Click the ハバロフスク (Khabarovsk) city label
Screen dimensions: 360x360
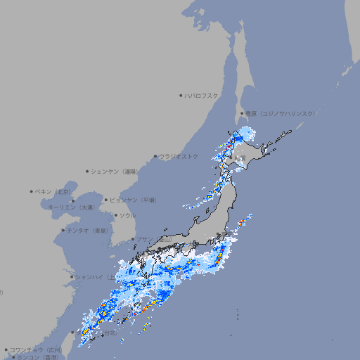click(x=202, y=95)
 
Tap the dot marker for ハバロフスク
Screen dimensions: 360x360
click(x=181, y=95)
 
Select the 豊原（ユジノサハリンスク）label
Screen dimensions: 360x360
click(x=281, y=113)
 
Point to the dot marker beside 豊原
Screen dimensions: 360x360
click(x=242, y=113)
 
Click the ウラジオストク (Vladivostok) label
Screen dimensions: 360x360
click(x=179, y=156)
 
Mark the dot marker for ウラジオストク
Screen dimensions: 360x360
click(x=155, y=156)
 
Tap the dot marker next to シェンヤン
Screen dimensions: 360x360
click(x=87, y=171)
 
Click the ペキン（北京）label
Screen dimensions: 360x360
click(x=53, y=191)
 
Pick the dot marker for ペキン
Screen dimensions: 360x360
click(x=32, y=191)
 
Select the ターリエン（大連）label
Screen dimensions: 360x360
click(x=71, y=207)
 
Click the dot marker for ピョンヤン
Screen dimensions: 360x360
click(x=106, y=200)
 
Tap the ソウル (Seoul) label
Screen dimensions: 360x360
click(x=127, y=215)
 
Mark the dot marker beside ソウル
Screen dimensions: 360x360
click(x=115, y=215)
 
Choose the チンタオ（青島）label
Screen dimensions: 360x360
click(x=88, y=231)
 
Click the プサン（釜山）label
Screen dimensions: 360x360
click(x=154, y=240)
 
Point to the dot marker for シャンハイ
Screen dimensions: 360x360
click(x=72, y=276)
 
